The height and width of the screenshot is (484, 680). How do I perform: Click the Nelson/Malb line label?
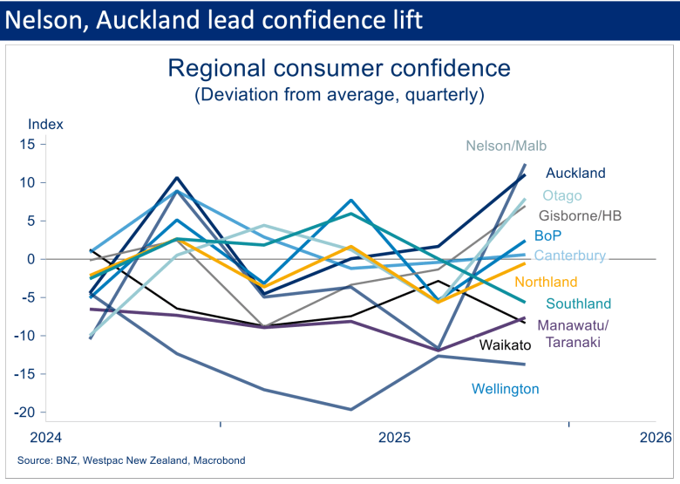coord(507,147)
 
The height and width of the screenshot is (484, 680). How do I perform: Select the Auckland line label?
coord(575,174)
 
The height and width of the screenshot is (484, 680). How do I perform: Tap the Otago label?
coord(562,196)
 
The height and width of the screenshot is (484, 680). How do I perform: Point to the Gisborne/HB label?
coord(580,215)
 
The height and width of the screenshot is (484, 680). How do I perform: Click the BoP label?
coord(548,235)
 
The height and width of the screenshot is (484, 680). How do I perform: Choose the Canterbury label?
coord(569,256)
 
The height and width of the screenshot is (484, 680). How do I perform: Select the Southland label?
coord(578,304)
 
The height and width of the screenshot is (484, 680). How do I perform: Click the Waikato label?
coord(506,345)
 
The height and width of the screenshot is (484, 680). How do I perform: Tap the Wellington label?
coord(506,389)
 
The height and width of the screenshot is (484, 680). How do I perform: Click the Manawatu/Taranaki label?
coord(574,334)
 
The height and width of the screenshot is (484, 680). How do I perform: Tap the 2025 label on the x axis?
coord(394,437)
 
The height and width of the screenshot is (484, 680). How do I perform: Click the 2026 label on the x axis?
coord(655,437)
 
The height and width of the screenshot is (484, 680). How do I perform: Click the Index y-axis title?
coord(45,124)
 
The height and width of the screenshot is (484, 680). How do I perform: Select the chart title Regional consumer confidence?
coord(338,68)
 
